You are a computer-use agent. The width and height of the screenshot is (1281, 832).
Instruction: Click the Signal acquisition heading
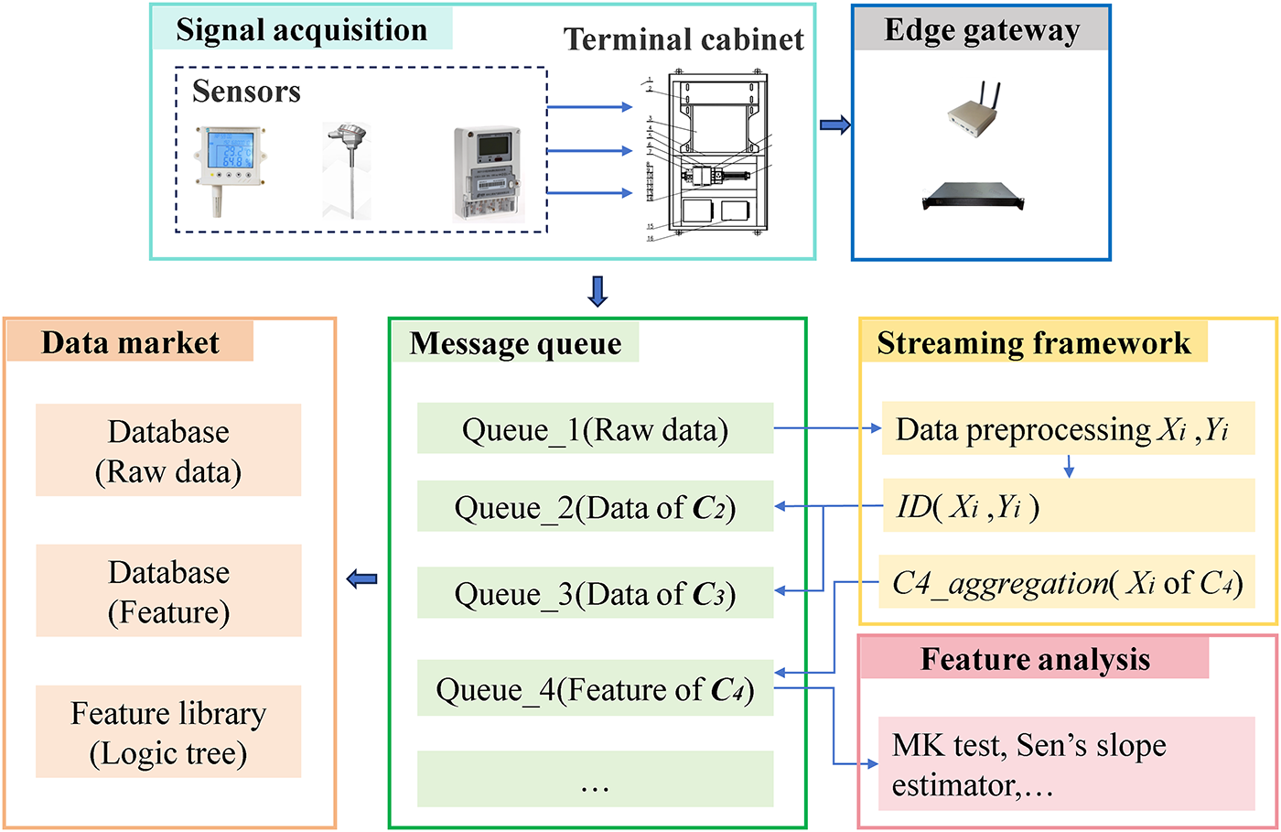(301, 30)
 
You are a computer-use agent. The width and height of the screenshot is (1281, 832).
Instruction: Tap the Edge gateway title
(981, 30)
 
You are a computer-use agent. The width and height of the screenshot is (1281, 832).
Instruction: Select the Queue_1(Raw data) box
(595, 428)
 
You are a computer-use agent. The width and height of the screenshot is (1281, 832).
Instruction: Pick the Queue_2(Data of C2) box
(595, 506)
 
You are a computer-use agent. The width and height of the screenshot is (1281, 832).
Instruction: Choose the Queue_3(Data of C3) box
(595, 593)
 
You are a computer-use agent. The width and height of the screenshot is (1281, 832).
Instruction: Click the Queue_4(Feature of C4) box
(595, 688)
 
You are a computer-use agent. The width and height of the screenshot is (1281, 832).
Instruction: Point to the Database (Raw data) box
(168, 450)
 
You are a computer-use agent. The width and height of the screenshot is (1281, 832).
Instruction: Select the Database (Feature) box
(168, 591)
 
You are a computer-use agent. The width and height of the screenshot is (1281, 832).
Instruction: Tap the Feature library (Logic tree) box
(168, 732)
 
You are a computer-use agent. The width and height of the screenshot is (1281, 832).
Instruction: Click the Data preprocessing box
(1068, 428)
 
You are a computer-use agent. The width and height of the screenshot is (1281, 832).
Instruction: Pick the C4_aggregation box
(1066, 581)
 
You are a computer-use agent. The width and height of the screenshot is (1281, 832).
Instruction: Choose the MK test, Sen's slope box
(1066, 764)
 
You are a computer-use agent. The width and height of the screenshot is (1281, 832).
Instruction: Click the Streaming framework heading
(1034, 342)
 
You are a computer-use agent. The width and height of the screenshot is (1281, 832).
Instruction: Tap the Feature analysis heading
(1035, 659)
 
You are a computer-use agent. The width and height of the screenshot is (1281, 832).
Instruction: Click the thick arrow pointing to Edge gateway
(834, 125)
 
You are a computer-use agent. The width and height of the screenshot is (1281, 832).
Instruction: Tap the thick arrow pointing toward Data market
(363, 578)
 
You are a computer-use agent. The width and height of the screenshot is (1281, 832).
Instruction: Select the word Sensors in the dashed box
(246, 92)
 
